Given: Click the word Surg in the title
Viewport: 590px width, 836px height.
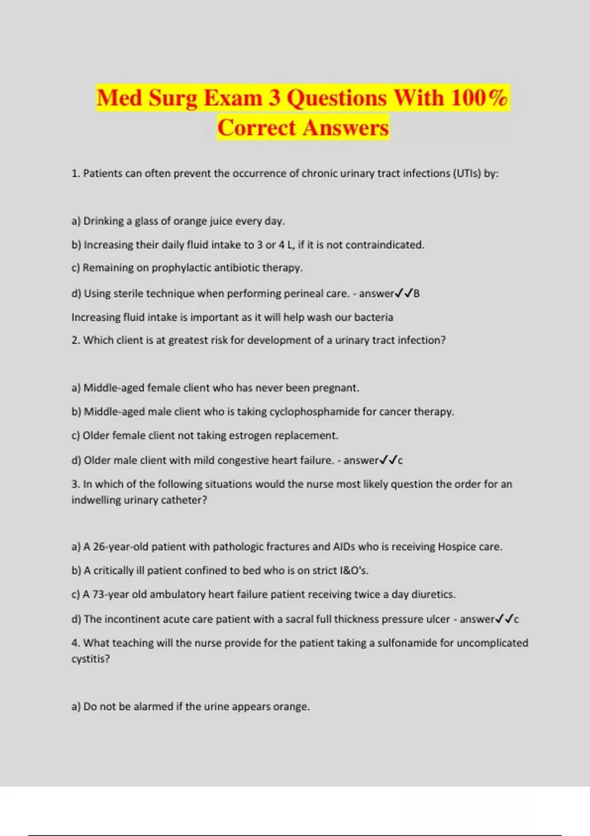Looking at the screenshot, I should coord(173,98).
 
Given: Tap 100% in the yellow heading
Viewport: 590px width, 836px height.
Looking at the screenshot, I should coord(479,97).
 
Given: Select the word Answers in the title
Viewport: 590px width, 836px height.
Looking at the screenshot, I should coord(346,128).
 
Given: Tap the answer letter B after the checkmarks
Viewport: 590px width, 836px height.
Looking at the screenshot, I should coord(416,294).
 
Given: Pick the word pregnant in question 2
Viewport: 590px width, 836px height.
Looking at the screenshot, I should coord(336,388).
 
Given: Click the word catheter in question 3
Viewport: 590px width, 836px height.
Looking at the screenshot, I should coord(185,500).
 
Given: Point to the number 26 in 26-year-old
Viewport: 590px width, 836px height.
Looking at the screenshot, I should coord(99,547).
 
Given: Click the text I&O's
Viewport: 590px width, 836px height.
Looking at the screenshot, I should coord(354,570).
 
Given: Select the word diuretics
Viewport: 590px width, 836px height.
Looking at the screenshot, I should coord(433,595).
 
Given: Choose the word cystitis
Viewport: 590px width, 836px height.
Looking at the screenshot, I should coord(90,659).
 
